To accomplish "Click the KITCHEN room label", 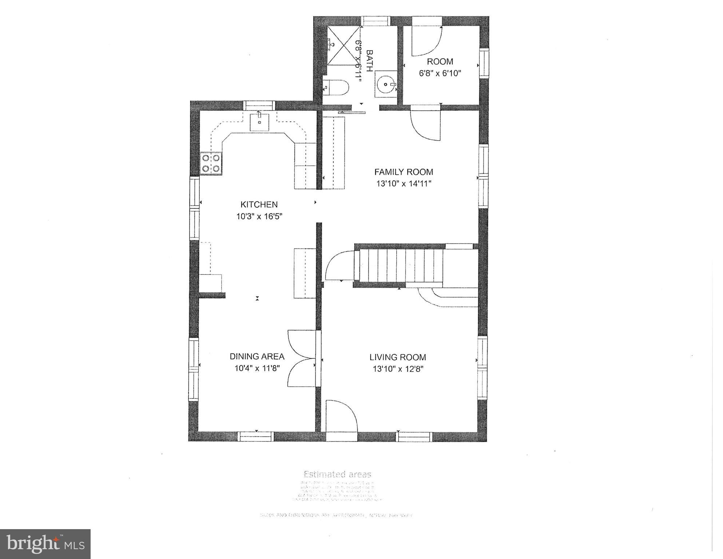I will point(259,204).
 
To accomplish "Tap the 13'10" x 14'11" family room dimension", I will point(404,184).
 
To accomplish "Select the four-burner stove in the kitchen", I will point(211,164).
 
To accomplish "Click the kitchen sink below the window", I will point(259,122).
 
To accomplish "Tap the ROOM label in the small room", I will point(440,61).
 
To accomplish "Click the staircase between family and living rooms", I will point(400,265).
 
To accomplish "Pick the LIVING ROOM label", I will point(397,357).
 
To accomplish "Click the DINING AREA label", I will point(257,356).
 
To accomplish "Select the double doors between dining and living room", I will point(301,359).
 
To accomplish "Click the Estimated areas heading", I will point(337,474).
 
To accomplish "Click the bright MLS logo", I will point(45,544).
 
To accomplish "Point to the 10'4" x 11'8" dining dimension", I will point(257,368).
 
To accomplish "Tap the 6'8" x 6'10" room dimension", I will point(440,73).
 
